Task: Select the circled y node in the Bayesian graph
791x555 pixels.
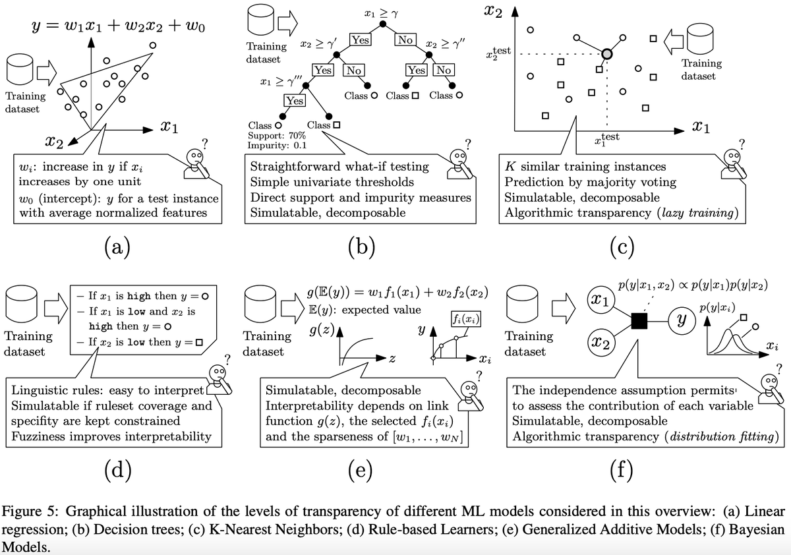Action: tap(682, 321)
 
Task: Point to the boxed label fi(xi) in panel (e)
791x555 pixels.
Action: tap(465, 320)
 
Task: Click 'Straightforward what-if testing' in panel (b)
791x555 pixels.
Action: tap(336, 167)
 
